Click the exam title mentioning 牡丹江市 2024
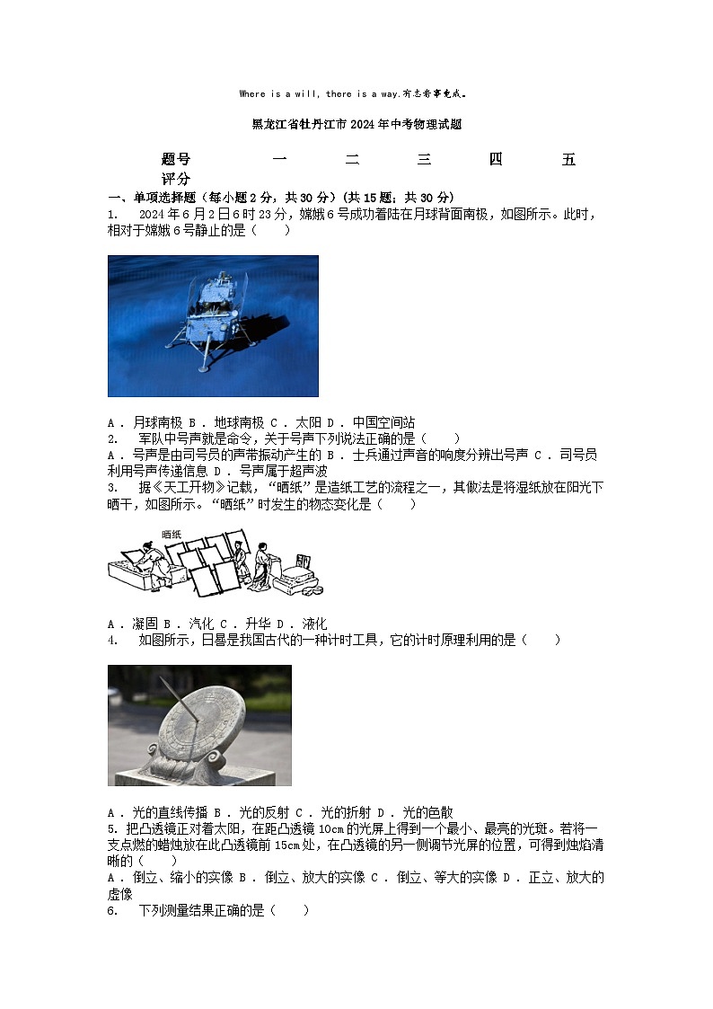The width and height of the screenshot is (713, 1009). [x=356, y=125]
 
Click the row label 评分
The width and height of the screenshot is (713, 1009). [x=176, y=179]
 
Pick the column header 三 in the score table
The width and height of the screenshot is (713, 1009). [x=424, y=160]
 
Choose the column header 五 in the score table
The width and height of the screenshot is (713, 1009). [x=568, y=160]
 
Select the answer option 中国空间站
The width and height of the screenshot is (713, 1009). [x=383, y=422]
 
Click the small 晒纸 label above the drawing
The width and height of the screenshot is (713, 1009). [x=171, y=534]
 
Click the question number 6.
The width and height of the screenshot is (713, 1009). [x=113, y=910]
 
